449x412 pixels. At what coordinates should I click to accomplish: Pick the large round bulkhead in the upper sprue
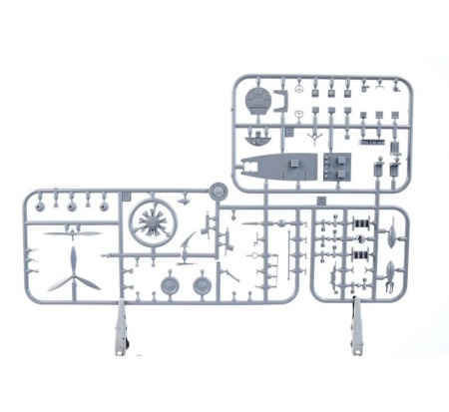coord(256,100)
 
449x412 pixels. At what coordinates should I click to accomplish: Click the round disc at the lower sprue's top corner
coord(218,188)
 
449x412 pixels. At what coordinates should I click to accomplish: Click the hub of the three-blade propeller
coord(74,271)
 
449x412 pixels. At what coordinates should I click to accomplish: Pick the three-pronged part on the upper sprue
coord(315,133)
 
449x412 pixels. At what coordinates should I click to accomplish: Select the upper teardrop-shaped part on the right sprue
coord(391,230)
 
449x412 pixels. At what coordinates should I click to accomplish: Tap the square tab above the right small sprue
coord(321,201)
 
